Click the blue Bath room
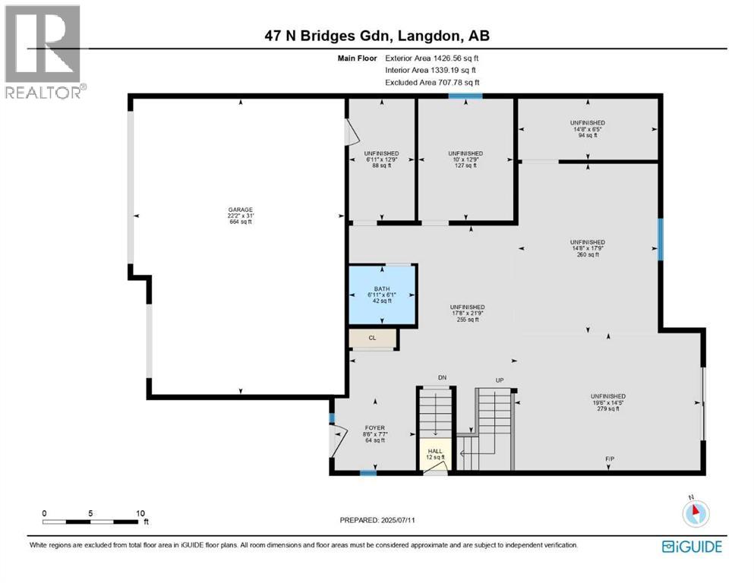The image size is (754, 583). click(x=382, y=296)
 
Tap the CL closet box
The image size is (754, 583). click(x=373, y=339)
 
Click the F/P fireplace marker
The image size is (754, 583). click(x=609, y=459)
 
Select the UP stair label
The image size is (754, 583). click(x=500, y=380)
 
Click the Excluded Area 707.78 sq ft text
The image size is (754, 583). click(x=432, y=82)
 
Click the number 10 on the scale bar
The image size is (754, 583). click(x=140, y=513)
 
